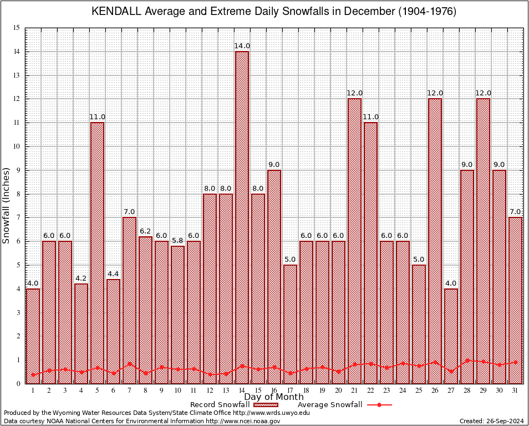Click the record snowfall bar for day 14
pyautogui.click(x=242, y=216)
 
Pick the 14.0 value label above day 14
pyautogui.click(x=242, y=46)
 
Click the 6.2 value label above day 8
pyautogui.click(x=145, y=231)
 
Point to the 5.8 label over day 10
pyautogui.click(x=177, y=240)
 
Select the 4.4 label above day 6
pyautogui.click(x=113, y=273)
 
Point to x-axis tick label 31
pyautogui.click(x=515, y=390)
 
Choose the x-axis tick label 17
pyautogui.click(x=290, y=390)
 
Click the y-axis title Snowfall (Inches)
pyautogui.click(x=7, y=205)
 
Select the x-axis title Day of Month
pyautogui.click(x=273, y=397)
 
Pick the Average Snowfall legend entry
pyautogui.click(x=344, y=405)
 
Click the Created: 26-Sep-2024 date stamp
pyautogui.click(x=492, y=421)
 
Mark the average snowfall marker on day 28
pyautogui.click(x=467, y=360)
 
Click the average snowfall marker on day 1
pyautogui.click(x=33, y=375)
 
